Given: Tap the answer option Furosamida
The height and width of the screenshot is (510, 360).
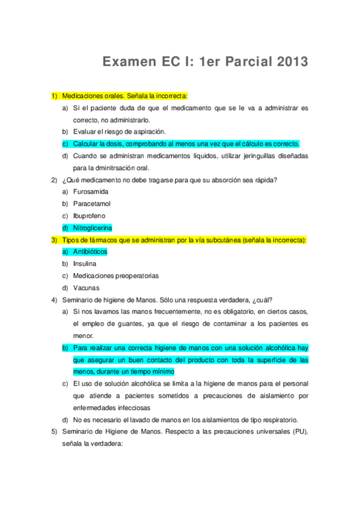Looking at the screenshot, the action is point(91,191).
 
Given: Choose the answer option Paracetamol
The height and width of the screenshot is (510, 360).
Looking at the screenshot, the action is point(92,203).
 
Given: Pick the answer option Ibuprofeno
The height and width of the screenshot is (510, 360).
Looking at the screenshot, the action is point(90,215).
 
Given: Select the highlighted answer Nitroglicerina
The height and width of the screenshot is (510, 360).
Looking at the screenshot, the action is point(93,228).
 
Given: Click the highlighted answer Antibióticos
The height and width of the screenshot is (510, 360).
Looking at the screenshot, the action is point(90,252).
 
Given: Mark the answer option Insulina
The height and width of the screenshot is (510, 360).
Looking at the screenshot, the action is point(85,264).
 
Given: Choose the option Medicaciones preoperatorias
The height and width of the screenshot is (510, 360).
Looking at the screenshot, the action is point(116,276).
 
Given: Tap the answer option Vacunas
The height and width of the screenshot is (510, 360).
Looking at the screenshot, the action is point(86,288).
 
